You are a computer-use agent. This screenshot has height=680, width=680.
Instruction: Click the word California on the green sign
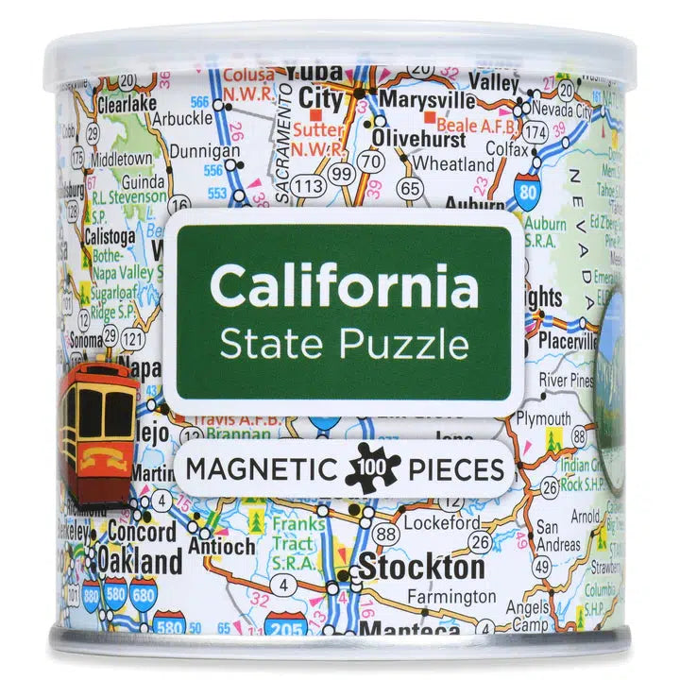click(x=344, y=285)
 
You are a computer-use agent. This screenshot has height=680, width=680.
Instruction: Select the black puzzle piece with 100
click(x=373, y=467)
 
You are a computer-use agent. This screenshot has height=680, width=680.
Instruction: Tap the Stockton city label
click(x=420, y=568)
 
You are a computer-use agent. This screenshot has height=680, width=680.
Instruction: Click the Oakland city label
click(x=140, y=562)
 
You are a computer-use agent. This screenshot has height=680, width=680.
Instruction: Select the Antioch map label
click(x=221, y=547)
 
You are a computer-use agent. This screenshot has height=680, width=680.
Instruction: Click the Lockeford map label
click(x=442, y=521)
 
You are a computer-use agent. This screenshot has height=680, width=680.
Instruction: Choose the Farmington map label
click(x=451, y=597)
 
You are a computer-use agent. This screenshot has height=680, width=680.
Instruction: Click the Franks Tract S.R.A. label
click(x=300, y=534)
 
